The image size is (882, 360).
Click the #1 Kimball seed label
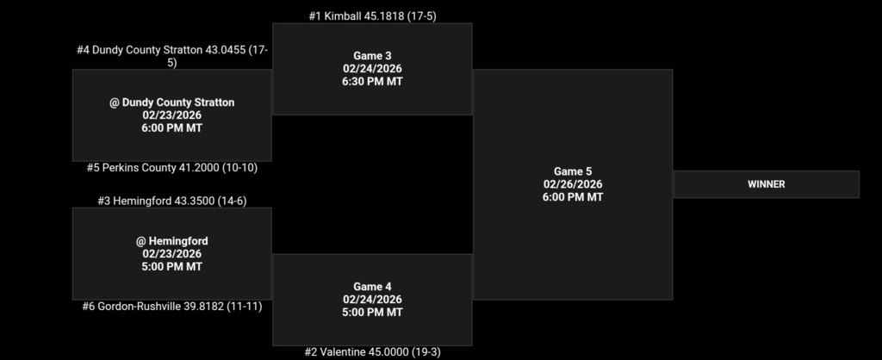pos(372,16)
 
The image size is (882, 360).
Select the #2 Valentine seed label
pos(372,351)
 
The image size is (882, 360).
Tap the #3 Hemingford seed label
pos(171,201)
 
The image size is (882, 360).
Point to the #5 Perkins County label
pos(171,168)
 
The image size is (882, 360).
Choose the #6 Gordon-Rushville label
pos(171,306)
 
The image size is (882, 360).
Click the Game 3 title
pos(372,56)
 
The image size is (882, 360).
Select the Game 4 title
pos(372,287)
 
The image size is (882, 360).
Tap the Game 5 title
pos(573,171)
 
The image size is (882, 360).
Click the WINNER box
pos(766,184)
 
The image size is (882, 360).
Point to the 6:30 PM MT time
pos(372,82)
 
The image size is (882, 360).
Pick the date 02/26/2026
pos(573,184)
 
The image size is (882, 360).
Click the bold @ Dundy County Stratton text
pos(171,102)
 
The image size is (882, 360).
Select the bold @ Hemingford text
pos(171,241)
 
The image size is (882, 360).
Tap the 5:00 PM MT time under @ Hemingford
pos(171,267)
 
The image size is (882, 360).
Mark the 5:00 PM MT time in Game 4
pos(372,313)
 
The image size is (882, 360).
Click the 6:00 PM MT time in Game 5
pos(573,197)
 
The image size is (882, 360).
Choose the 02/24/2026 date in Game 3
pos(372,69)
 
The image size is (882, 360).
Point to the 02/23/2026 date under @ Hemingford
pos(171,254)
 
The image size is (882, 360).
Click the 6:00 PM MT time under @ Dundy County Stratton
pos(171,128)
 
